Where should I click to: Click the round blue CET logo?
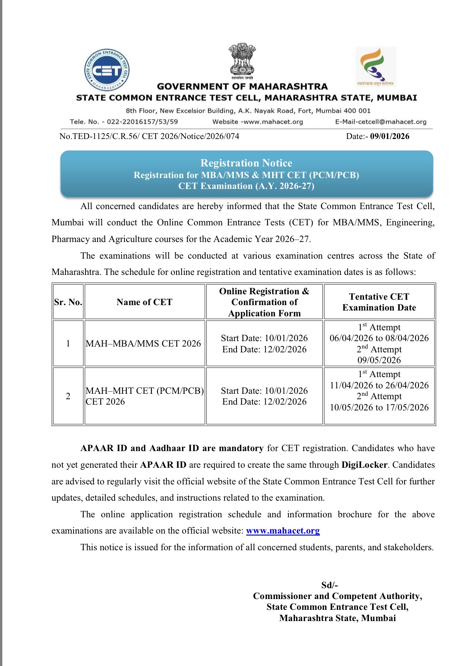pos(107,70)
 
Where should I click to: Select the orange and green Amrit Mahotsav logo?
pos(375,66)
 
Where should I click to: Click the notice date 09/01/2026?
pos(389,136)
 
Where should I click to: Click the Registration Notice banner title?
pos(246,163)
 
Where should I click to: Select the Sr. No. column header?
pos(68,302)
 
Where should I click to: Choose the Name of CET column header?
pos(144,302)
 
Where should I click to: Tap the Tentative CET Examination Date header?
pos(379,302)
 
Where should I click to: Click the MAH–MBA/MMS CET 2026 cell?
pos(143,343)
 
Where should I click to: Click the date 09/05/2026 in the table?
pos(379,360)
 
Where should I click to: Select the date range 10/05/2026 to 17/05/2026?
pos(379,407)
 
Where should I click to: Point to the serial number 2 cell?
pos(68,396)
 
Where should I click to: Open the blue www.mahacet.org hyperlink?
pos(283,530)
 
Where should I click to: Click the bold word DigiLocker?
pos(364,465)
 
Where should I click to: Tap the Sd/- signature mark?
pos(329,585)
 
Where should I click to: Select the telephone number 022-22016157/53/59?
pos(142,122)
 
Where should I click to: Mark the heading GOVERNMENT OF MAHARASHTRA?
pos(242,86)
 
